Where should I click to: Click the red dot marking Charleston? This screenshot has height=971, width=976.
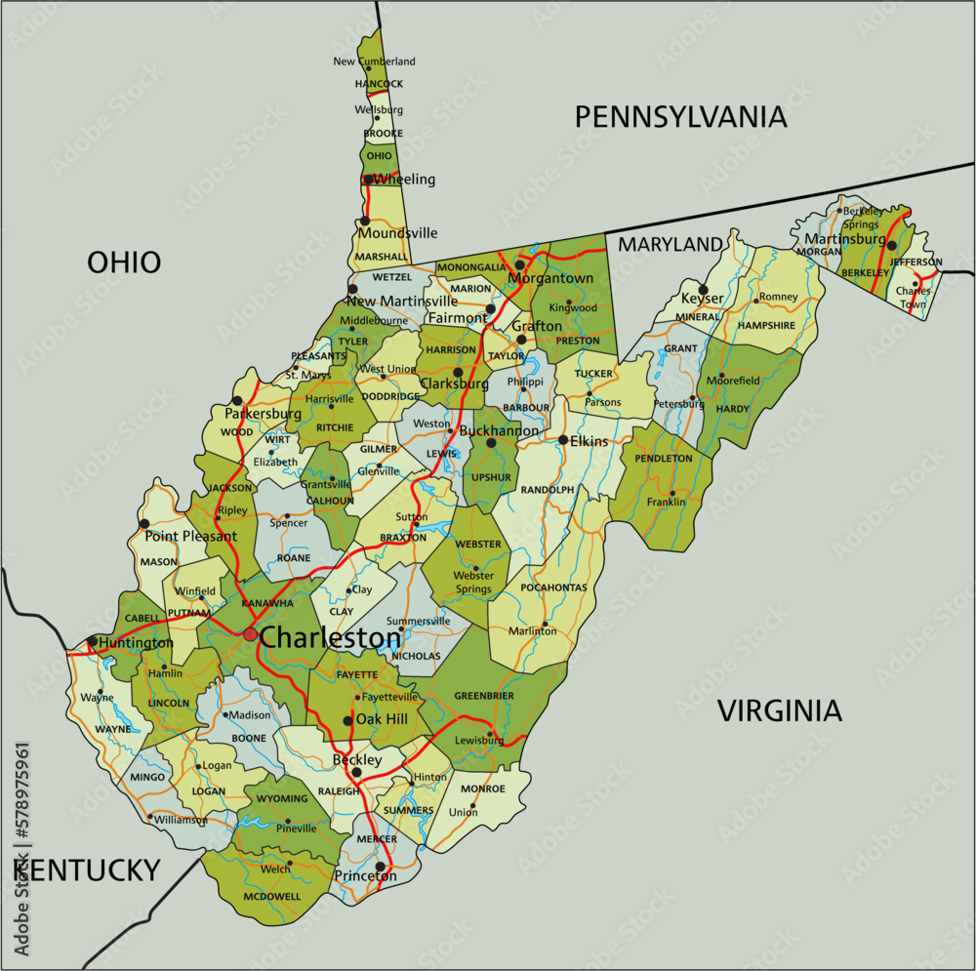(251, 634)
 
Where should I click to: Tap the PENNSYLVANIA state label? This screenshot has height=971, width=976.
(680, 117)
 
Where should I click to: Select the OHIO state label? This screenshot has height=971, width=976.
(124, 262)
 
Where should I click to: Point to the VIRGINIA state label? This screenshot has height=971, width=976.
(780, 710)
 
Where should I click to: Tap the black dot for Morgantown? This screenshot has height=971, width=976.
(520, 264)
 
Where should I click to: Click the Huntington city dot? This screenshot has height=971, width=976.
(92, 641)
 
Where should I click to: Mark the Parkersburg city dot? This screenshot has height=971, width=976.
(236, 400)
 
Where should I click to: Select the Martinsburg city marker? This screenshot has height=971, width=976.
(891, 245)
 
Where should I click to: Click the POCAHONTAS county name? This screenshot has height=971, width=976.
(553, 587)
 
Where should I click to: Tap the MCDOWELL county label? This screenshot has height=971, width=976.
(273, 896)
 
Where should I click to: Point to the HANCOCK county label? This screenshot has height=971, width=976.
(379, 85)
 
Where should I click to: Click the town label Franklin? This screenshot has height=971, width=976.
(667, 503)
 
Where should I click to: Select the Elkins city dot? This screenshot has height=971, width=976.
(563, 440)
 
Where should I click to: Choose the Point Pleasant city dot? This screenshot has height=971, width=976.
(144, 524)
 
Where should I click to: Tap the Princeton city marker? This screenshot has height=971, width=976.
(380, 866)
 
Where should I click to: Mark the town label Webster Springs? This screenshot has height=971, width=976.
(474, 582)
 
